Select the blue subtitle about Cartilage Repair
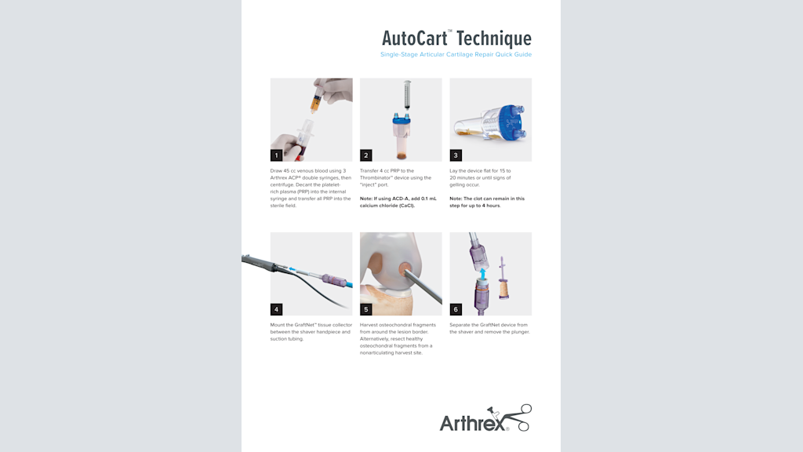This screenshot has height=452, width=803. point(456,55)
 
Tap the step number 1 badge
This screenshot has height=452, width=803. point(277,155)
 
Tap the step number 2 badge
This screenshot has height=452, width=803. point(366,155)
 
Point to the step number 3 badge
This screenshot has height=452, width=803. point(456,155)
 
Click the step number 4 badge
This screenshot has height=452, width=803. point(277,309)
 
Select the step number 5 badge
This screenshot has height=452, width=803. point(366,309)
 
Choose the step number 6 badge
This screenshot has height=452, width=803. point(456,309)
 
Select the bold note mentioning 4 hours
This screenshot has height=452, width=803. point(487,202)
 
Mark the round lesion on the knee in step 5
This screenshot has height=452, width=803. point(408,270)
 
